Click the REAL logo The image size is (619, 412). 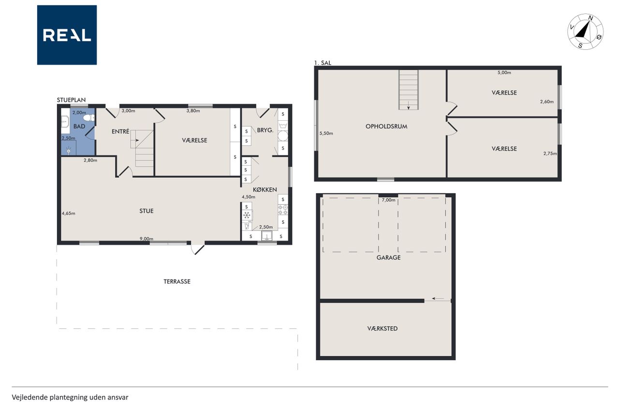click(67, 35)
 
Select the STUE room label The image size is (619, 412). click(146, 211)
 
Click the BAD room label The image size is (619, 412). click(79, 127)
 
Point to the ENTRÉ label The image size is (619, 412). click(120, 131)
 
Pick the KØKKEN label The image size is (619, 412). click(265, 190)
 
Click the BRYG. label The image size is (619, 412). click(265, 130)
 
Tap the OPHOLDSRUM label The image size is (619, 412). click(386, 127)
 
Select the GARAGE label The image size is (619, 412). click(388, 257)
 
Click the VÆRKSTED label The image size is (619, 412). click(383, 328)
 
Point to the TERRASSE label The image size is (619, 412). click(177, 282)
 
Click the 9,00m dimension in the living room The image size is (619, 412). click(147, 239)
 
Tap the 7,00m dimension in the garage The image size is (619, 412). click(388, 200)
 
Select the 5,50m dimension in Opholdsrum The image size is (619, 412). click(326, 133)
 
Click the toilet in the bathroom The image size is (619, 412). click(89, 118)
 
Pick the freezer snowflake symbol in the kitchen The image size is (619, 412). click(247, 215)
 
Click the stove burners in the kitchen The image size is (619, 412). click(283, 210)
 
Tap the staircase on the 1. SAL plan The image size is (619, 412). click(409, 90)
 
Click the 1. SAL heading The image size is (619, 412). click(323, 63)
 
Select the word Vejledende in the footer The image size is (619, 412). click(29, 398)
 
